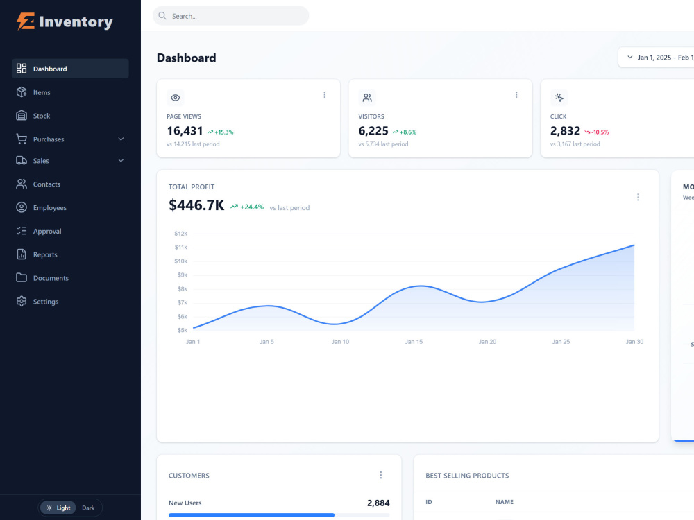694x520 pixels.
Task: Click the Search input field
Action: (230, 16)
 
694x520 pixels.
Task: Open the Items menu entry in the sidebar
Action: (42, 92)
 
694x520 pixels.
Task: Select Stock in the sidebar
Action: (42, 116)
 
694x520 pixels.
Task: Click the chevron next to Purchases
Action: (121, 139)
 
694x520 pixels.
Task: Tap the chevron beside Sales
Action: (121, 161)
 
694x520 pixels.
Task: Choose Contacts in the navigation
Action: (46, 184)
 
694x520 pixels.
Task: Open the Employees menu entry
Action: (49, 208)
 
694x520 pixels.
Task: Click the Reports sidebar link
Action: (45, 254)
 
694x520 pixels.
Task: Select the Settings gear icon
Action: (22, 301)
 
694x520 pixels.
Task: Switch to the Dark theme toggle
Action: (88, 508)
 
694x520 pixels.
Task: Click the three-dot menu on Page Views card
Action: (324, 95)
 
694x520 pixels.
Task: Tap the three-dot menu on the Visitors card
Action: (516, 95)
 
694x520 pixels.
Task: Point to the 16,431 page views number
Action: (185, 131)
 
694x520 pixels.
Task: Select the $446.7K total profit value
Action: (196, 205)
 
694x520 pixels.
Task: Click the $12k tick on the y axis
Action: (180, 234)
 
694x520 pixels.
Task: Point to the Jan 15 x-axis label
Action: (414, 342)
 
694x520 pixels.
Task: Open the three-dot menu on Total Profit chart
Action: (638, 197)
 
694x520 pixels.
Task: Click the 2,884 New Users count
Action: (378, 503)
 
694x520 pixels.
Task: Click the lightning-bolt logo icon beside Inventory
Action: (26, 21)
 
